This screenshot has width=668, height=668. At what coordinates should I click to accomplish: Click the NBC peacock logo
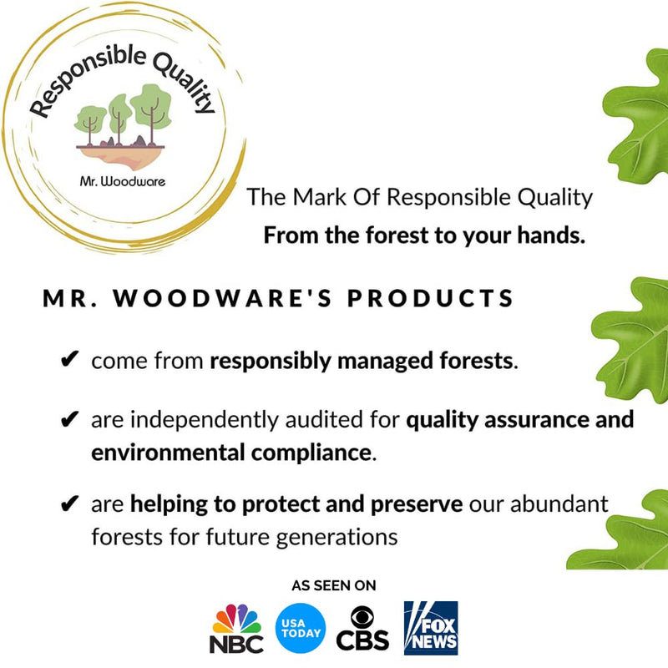point(237,622)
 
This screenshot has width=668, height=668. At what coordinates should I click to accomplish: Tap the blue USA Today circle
point(300,627)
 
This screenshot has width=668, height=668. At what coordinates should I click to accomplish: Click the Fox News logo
point(431,627)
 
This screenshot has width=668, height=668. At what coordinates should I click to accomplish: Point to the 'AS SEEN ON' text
point(334,585)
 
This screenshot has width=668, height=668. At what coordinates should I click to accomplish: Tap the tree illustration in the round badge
point(121,121)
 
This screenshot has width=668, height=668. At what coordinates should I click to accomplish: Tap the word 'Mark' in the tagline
point(315,198)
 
